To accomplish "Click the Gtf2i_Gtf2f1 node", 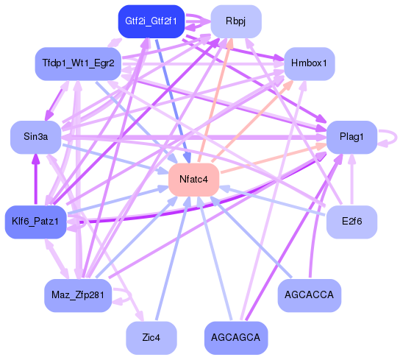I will click(x=151, y=21).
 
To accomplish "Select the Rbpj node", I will click(x=235, y=21).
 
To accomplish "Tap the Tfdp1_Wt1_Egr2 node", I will click(x=77, y=63).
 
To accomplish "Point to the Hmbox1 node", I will click(x=310, y=63).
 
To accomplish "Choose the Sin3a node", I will click(x=35, y=137).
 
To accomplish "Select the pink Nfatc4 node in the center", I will click(x=193, y=180).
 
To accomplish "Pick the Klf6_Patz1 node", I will click(x=35, y=221).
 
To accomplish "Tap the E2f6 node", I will click(x=351, y=221).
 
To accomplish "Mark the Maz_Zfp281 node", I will click(x=77, y=295).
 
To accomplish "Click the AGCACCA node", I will click(x=310, y=295).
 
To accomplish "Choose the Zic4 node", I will click(x=151, y=337).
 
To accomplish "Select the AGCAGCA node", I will click(x=235, y=337).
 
